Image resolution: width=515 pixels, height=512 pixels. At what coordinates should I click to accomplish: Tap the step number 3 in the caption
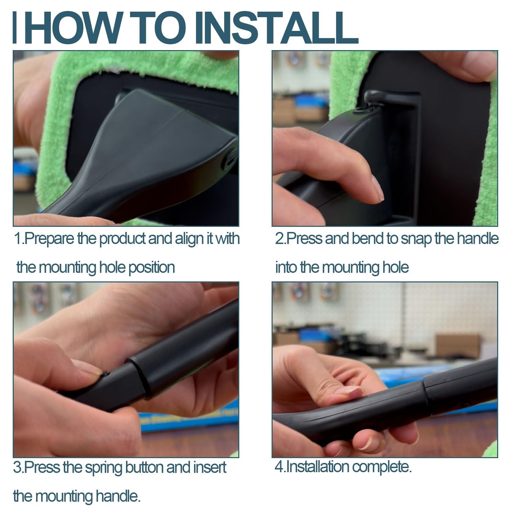coord(17,468)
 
